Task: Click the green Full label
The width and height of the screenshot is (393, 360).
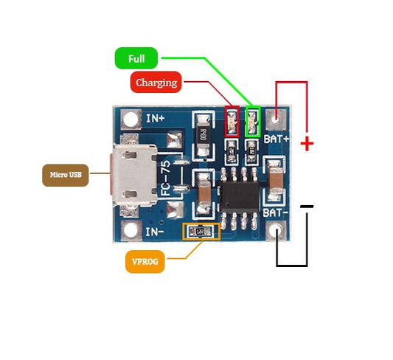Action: tap(136, 58)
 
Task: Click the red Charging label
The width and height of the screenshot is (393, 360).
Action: tap(156, 82)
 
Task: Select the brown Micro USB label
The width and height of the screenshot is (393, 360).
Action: tap(66, 175)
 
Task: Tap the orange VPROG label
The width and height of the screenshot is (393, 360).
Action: tap(145, 260)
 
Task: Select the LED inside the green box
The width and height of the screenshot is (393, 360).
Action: tap(253, 121)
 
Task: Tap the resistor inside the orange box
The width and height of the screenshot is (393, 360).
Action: tap(201, 232)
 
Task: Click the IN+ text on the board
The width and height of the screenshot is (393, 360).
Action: tap(155, 118)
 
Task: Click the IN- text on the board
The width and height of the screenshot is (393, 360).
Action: tap(154, 231)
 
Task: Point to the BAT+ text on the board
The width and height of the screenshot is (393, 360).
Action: tap(277, 138)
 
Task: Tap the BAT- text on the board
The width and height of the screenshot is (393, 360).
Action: tap(276, 212)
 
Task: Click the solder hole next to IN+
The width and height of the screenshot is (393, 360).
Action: tap(131, 118)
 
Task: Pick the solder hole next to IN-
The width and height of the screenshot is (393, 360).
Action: tap(131, 230)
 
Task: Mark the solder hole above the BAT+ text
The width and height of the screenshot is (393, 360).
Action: tap(277, 117)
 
